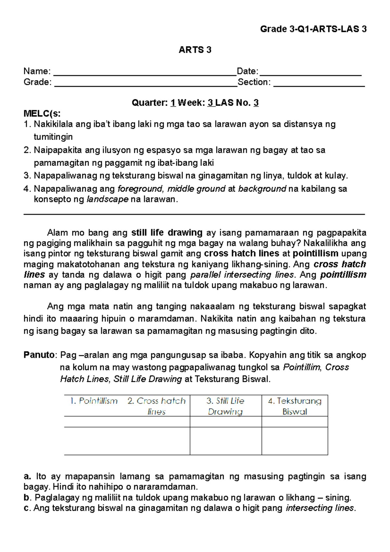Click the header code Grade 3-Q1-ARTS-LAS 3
click(313, 29)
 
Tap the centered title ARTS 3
click(195, 50)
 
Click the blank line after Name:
click(145, 72)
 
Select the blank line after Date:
click(310, 72)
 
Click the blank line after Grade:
click(146, 83)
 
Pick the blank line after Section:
click(319, 83)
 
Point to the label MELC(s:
click(42, 113)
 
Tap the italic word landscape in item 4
click(108, 199)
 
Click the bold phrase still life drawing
click(167, 233)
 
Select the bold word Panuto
click(39, 355)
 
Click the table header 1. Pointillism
click(94, 401)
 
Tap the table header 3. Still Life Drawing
click(226, 406)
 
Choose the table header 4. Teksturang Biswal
click(294, 406)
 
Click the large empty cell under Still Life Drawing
click(226, 441)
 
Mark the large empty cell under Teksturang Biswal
click(294, 441)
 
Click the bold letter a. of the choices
click(27, 477)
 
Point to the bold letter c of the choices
click(26, 508)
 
